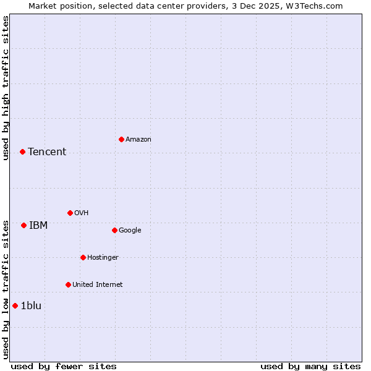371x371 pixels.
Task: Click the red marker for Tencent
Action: pyautogui.click(x=22, y=151)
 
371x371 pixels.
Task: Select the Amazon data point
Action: pyautogui.click(x=121, y=139)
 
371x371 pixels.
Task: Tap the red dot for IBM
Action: pyautogui.click(x=23, y=225)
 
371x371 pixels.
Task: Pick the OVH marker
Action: pyautogui.click(x=70, y=213)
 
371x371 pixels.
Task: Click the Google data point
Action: pyautogui.click(x=114, y=230)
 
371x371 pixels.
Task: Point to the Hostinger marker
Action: pyautogui.click(x=83, y=257)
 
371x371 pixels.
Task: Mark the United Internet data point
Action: pyautogui.click(x=68, y=284)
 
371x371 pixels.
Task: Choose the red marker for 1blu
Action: pyautogui.click(x=15, y=305)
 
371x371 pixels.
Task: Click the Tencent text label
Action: pyautogui.click(x=47, y=152)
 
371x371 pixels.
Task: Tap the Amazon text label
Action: pyautogui.click(x=139, y=140)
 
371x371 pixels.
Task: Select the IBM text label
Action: pyautogui.click(x=38, y=226)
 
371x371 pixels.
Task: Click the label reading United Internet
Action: pyautogui.click(x=98, y=285)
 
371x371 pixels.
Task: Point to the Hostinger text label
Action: pyautogui.click(x=103, y=258)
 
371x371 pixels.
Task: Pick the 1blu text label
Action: pyautogui.click(x=31, y=306)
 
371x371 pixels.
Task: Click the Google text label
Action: pyautogui.click(x=130, y=231)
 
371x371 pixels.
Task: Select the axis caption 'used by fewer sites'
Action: pyautogui.click(x=64, y=366)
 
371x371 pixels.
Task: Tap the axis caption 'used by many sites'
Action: pyautogui.click(x=310, y=366)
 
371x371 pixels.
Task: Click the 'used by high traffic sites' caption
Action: pyautogui.click(x=6, y=88)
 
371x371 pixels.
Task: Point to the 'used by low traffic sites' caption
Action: pyautogui.click(x=6, y=289)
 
